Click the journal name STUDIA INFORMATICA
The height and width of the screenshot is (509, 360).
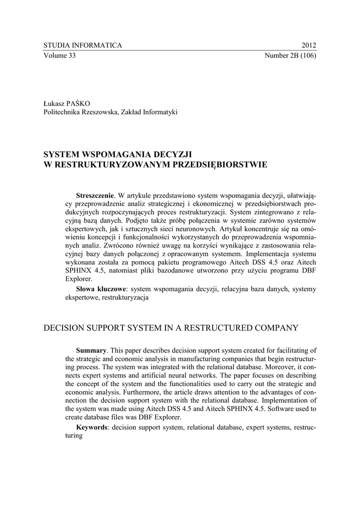coord(83,45)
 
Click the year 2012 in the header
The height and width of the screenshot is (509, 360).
coord(309,45)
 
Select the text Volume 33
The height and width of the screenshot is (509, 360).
coord(59,55)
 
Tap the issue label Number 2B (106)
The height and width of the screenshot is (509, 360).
coord(291,55)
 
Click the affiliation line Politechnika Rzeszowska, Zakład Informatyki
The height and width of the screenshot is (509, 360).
coord(110,112)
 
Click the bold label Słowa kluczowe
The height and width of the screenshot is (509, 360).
coord(101,288)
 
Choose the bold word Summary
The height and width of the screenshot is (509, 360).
coord(91,350)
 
